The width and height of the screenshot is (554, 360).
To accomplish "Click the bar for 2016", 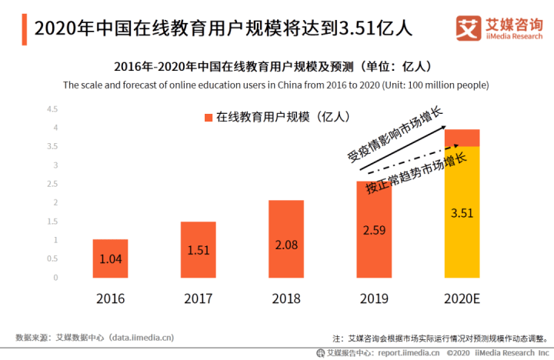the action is click(x=110, y=258).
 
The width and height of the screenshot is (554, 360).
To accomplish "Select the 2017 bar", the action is click(x=199, y=249).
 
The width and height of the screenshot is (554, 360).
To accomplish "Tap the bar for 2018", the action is click(x=286, y=238).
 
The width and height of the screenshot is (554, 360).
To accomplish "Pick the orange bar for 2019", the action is click(x=374, y=229).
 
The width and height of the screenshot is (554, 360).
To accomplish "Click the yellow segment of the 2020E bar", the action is click(x=462, y=212).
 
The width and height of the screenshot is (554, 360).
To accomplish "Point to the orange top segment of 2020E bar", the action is click(x=462, y=138).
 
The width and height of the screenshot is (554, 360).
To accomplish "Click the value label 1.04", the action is click(x=111, y=259).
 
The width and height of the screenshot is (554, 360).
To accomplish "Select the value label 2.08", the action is click(x=286, y=245).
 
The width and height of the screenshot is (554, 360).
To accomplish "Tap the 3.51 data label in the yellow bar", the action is click(x=462, y=213).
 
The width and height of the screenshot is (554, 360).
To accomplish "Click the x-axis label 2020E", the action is click(x=462, y=299).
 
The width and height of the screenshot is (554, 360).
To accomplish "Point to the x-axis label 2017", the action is click(x=199, y=299).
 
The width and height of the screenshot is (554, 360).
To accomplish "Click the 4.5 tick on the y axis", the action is click(x=52, y=109).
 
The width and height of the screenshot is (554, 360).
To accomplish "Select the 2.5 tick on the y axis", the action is click(x=52, y=184).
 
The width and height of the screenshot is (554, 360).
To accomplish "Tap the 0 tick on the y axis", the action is click(x=55, y=278).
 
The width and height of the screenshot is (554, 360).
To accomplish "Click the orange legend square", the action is click(x=209, y=117).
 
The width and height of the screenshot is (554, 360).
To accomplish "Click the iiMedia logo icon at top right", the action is click(x=469, y=28).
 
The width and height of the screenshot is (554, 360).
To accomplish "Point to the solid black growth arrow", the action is click(x=402, y=148).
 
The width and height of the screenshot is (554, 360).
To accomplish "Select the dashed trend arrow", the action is click(x=413, y=159).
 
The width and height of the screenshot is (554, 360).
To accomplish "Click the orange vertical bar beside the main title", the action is click(x=25, y=29).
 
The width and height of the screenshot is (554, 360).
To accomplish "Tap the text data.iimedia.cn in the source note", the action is click(x=142, y=338).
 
